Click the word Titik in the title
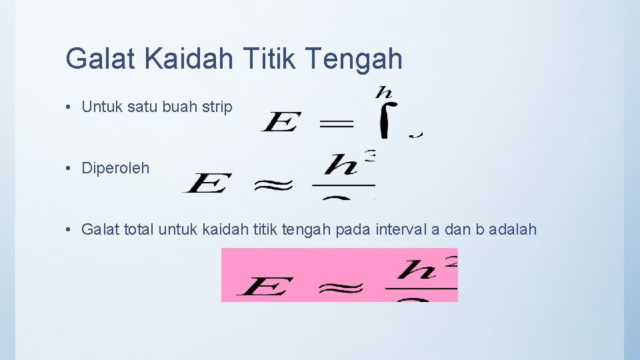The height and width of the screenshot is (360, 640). [270, 59]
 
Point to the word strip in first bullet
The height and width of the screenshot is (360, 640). [217, 107]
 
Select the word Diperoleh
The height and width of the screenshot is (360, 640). [115, 169]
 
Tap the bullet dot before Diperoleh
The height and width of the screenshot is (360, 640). [69, 169]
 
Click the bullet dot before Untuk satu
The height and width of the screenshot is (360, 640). [69, 107]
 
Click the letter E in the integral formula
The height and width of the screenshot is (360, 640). [279, 123]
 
